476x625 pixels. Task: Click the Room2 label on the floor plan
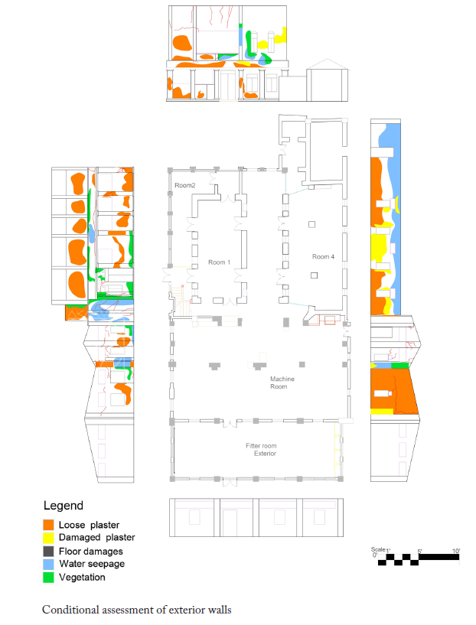[185, 185]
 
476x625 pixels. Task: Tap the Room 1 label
[220, 262]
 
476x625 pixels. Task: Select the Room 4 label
[323, 257]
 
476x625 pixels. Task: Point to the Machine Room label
[282, 382]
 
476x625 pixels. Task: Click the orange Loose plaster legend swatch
[48, 525]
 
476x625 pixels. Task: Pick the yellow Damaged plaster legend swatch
[48, 537]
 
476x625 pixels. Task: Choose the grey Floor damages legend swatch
[48, 552]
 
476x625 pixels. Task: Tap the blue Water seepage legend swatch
[48, 564]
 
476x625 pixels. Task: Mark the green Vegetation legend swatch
[48, 578]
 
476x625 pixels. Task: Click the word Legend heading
[64, 506]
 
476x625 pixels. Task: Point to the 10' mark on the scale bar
[456, 551]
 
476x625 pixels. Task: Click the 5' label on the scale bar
[420, 552]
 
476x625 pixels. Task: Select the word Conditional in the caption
[70, 610]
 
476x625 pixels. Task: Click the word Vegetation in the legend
[82, 578]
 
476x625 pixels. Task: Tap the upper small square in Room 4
[311, 224]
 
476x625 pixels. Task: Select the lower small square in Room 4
[314, 275]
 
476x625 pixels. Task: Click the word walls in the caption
[220, 610]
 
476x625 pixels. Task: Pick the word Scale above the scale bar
[378, 549]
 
